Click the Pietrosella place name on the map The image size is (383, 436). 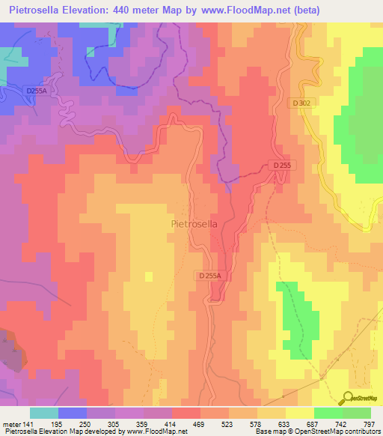click(x=194, y=223)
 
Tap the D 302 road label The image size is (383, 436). click(x=301, y=103)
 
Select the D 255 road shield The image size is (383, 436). click(x=281, y=165)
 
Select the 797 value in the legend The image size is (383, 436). click(x=367, y=424)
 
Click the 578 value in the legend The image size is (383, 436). click(x=242, y=424)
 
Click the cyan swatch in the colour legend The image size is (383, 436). click(x=44, y=413)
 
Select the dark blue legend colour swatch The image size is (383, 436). click(x=73, y=413)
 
